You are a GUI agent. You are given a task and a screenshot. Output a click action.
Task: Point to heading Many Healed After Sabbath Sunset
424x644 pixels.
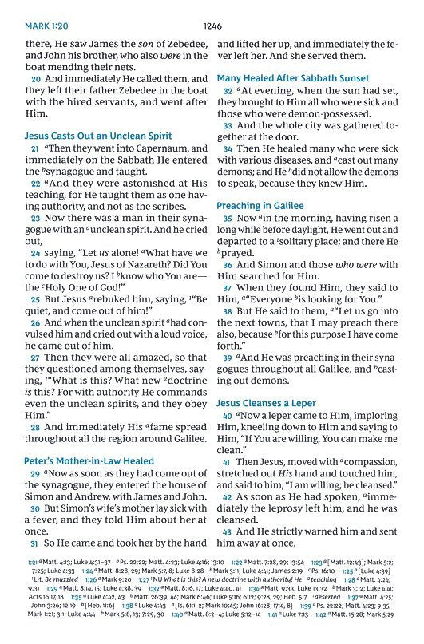pyautogui.click(x=293, y=78)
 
